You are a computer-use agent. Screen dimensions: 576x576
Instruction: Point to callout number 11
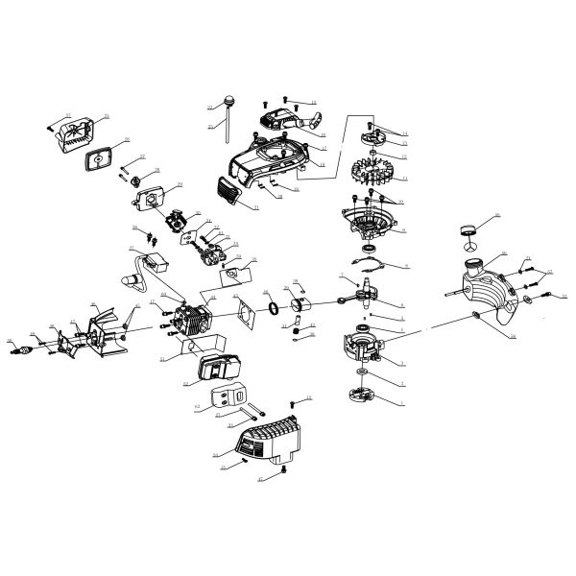(405, 179)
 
